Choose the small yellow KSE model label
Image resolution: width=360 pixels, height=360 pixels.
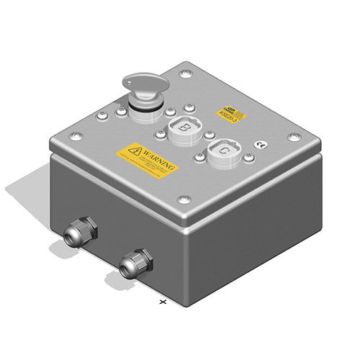231,112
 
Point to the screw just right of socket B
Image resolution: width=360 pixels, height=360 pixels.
208,134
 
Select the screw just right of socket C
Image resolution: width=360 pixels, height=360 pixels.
248,156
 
